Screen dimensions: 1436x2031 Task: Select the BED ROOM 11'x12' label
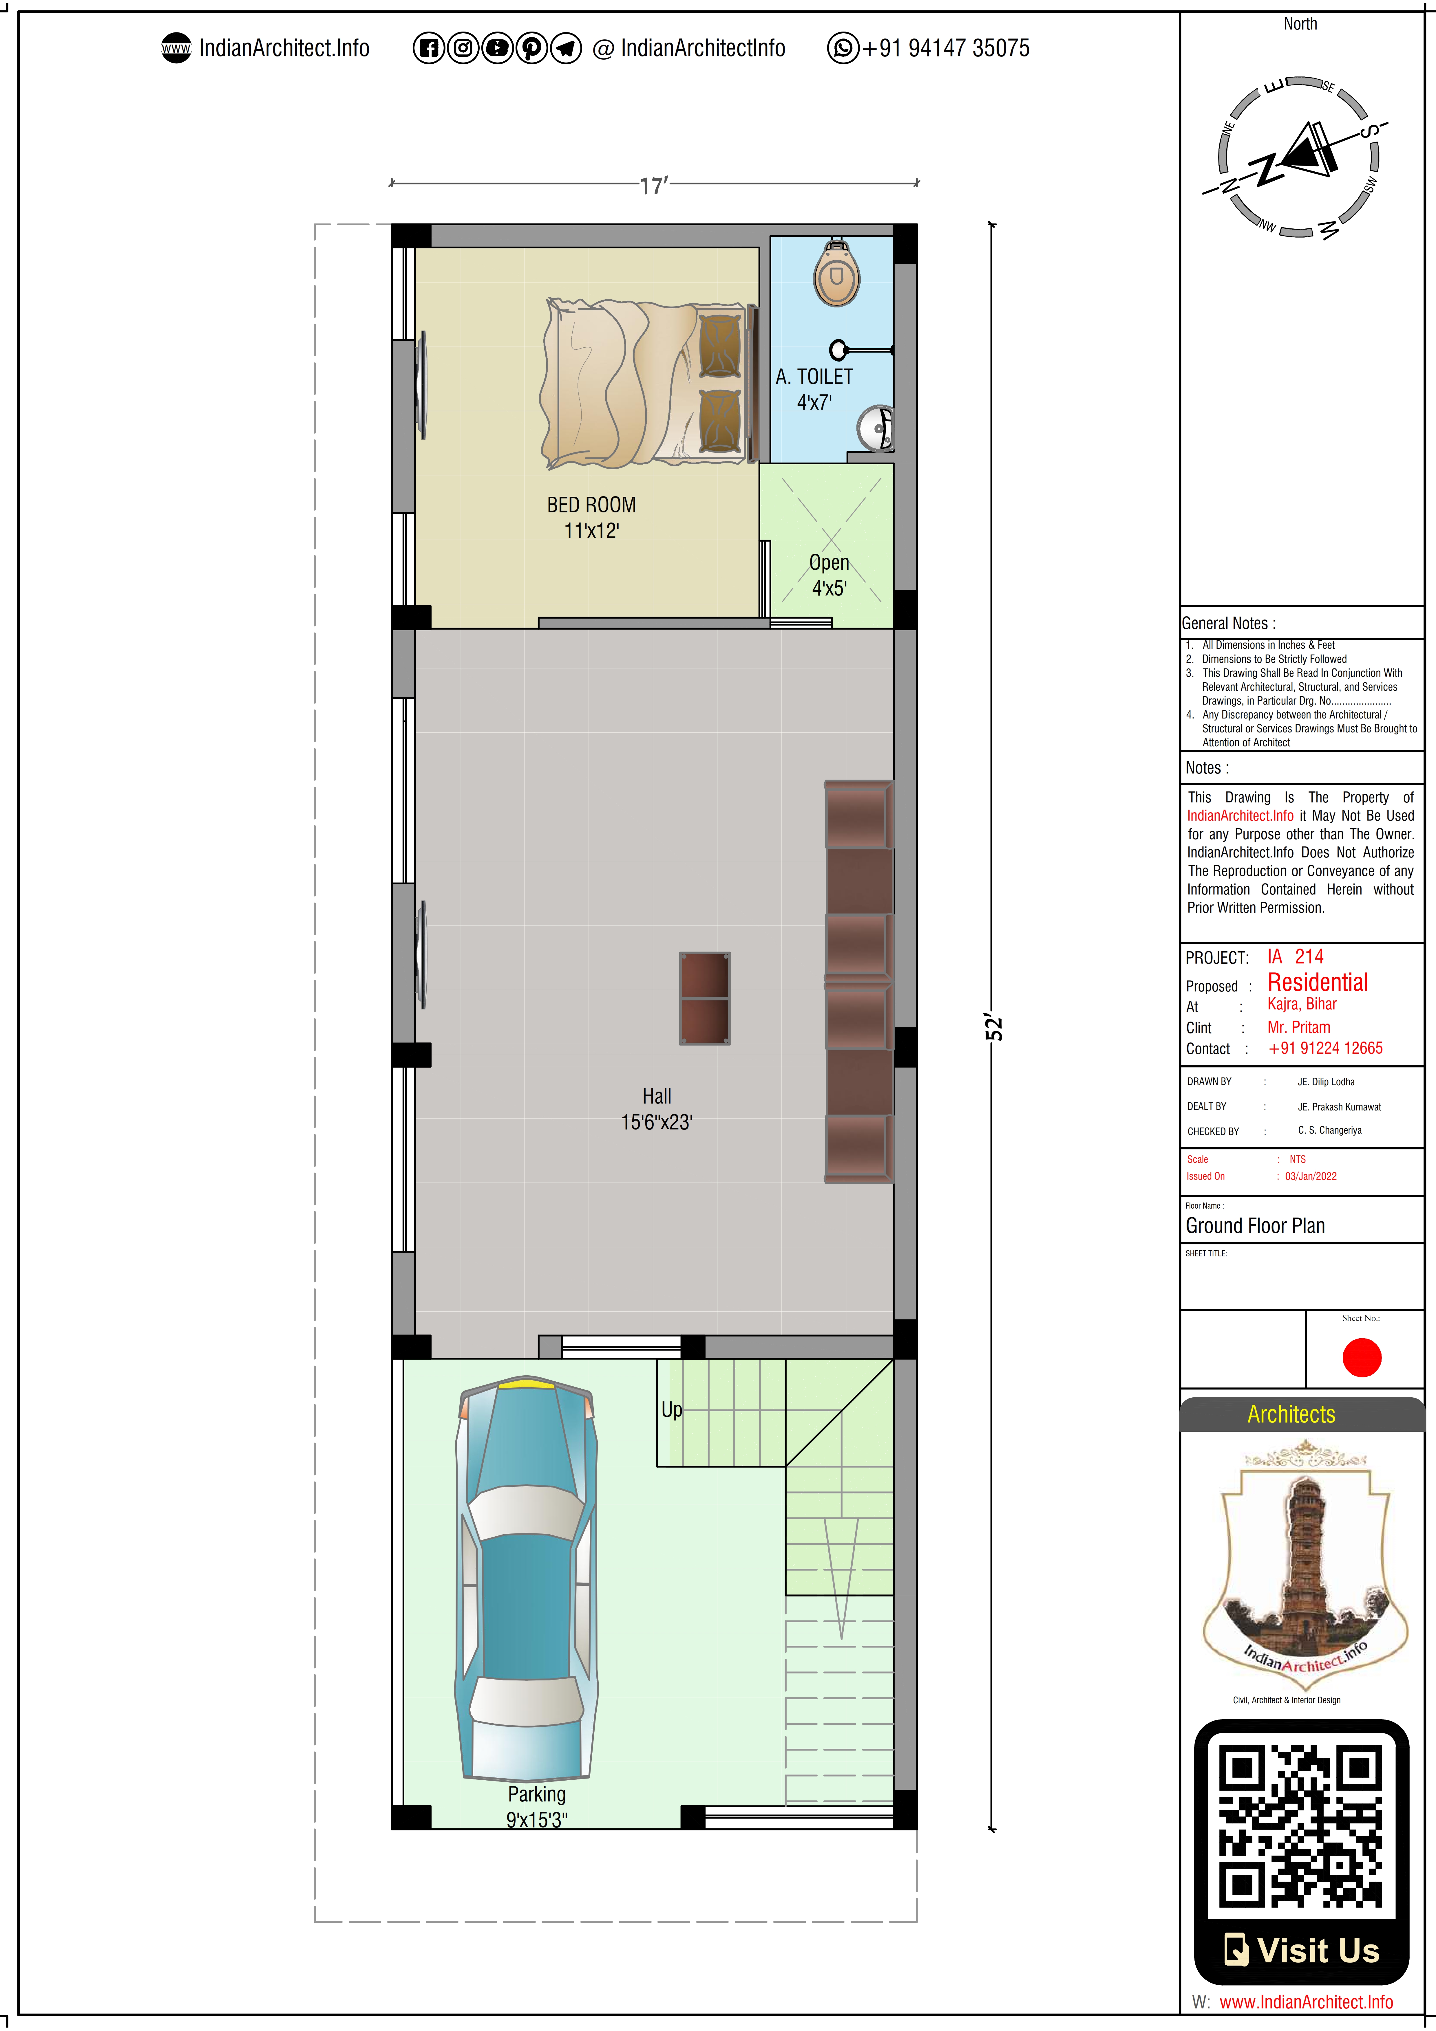591,518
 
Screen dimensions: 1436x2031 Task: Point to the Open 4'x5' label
829,575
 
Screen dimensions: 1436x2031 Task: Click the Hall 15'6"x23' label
657,1109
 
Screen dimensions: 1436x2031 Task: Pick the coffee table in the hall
704,998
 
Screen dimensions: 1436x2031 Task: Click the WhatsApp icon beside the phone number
842,48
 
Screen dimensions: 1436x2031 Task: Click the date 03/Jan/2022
1310,1176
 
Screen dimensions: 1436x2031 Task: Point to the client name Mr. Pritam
1298,1027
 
